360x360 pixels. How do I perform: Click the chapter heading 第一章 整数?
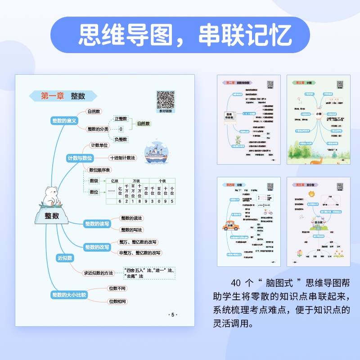pos(63,96)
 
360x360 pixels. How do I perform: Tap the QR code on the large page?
pos(165,99)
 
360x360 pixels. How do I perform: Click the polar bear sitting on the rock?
pos(52,195)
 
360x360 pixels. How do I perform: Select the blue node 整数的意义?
pos(65,120)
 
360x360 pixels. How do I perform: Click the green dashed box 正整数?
pos(121,119)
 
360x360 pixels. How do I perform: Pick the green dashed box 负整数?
pos(121,139)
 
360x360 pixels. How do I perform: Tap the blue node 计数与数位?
pos(80,158)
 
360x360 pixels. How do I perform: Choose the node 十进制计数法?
pos(122,158)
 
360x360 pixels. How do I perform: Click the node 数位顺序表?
pos(100,170)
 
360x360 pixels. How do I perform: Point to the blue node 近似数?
pos(65,258)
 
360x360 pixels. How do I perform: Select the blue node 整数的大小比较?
pos(69,295)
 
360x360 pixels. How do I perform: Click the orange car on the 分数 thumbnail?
pos(230,226)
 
